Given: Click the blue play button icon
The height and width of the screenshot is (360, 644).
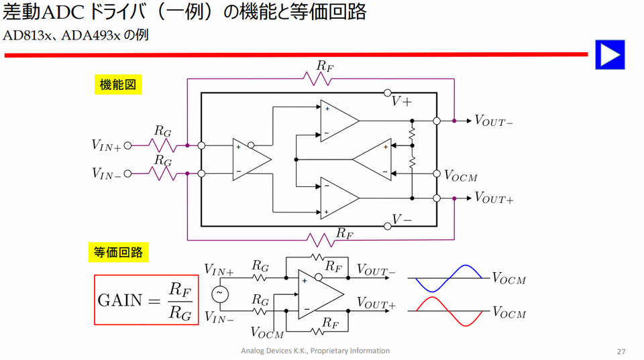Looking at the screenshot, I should click(610, 54).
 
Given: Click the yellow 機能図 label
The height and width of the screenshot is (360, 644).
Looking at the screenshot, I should click(117, 85).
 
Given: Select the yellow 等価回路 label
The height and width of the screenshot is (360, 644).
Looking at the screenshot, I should click(117, 252).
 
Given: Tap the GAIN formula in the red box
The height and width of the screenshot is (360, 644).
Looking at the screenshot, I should click(147, 300).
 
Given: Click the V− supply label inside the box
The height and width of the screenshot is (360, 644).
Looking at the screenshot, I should click(402, 219).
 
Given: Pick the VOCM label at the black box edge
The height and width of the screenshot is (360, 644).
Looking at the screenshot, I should click(461, 175).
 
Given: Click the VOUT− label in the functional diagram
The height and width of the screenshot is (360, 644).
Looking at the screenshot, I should click(494, 121).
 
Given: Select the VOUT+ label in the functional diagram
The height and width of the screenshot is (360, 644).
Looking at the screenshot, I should click(494, 198).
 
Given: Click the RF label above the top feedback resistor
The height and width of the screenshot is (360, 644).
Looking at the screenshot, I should click(325, 66).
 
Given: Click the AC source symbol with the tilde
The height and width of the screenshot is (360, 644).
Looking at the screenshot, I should click(219, 294).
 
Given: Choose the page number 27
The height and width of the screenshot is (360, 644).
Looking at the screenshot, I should click(621, 351).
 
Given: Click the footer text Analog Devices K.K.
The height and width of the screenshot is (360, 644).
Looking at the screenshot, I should click(315, 351).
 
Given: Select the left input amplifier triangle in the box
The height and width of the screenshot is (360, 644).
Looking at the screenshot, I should click(250, 159).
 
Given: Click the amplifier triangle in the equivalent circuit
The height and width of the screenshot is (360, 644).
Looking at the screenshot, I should click(319, 294).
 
